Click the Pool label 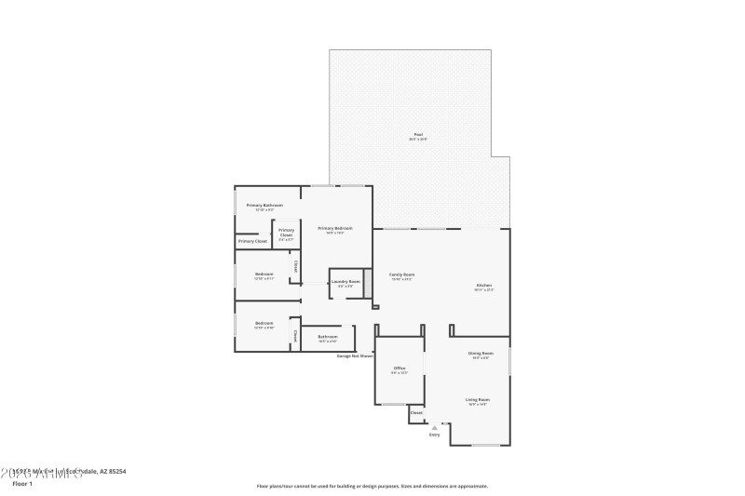pyautogui.click(x=419, y=134)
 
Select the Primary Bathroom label pyautogui.click(x=264, y=205)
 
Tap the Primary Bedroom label pyautogui.click(x=335, y=228)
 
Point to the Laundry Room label pyautogui.click(x=345, y=281)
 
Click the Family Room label pyautogui.click(x=401, y=275)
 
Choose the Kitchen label pyautogui.click(x=484, y=286)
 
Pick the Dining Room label pyautogui.click(x=481, y=353)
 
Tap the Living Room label pyautogui.click(x=479, y=399)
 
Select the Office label pyautogui.click(x=399, y=369)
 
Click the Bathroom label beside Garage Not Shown pyautogui.click(x=327, y=336)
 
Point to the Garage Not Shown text pyautogui.click(x=355, y=355)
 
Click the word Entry pyautogui.click(x=434, y=435)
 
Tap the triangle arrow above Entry pyautogui.click(x=434, y=427)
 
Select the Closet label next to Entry pyautogui.click(x=416, y=412)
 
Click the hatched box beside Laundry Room pyautogui.click(x=368, y=282)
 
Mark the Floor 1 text pyautogui.click(x=22, y=484)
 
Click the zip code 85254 pyautogui.click(x=115, y=471)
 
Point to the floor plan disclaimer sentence pyautogui.click(x=372, y=486)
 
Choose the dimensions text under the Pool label pyautogui.click(x=419, y=140)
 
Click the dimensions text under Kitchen pyautogui.click(x=484, y=291)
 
